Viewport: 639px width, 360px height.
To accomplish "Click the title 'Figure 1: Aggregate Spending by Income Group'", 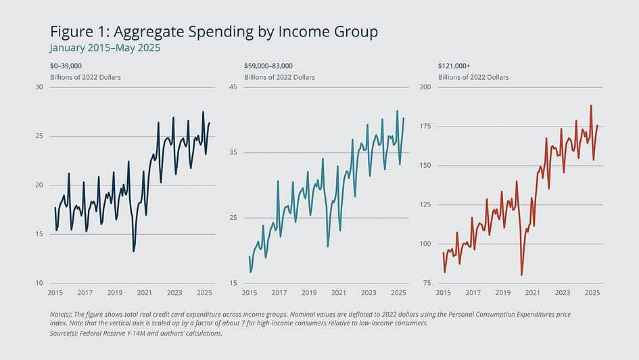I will [x=214, y=32].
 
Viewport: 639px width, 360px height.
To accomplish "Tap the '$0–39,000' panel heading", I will [x=66, y=66].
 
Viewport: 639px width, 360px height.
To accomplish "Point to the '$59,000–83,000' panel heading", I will [x=268, y=66].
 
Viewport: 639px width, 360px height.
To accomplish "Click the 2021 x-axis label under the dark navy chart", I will [x=144, y=293].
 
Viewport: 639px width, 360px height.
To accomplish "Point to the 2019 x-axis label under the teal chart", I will [x=309, y=293].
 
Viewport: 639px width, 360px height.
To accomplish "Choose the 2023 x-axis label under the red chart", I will [x=562, y=293].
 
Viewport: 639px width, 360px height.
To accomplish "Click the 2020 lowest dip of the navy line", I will [x=134, y=251].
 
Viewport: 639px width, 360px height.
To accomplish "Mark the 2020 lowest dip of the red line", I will [x=521, y=274].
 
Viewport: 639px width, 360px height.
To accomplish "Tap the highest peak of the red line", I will [x=591, y=106].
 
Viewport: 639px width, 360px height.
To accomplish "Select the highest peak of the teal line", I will [x=397, y=111].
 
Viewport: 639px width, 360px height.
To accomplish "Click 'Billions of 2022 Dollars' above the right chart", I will [x=473, y=77].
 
